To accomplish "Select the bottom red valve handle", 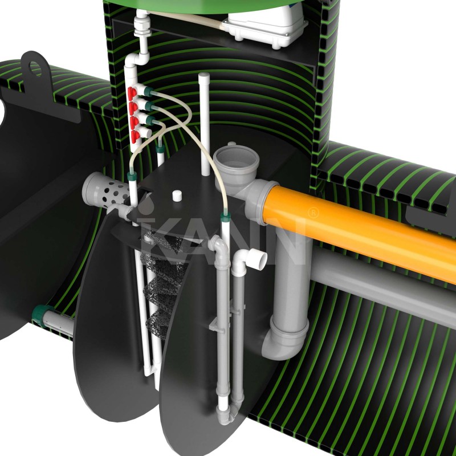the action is click(x=135, y=136).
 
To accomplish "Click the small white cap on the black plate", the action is click(x=177, y=196).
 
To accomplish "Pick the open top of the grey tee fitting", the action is click(x=236, y=156).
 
